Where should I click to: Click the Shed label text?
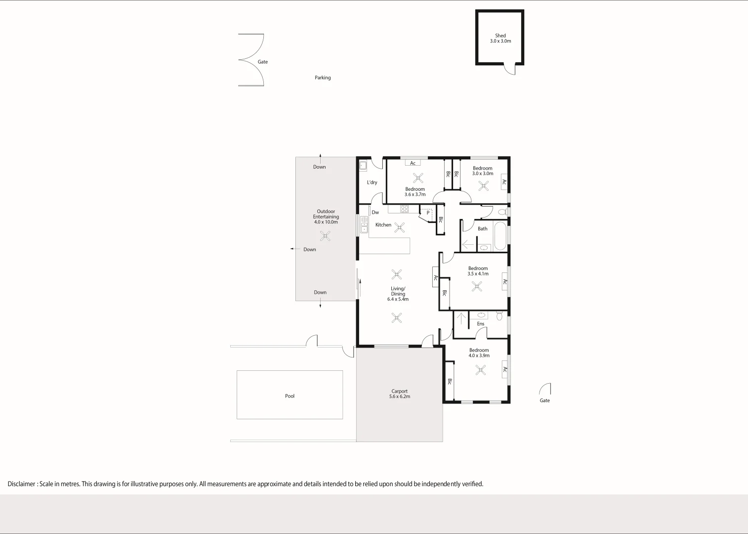tap(500, 36)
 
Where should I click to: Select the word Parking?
tap(323, 78)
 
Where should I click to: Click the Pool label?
tap(290, 396)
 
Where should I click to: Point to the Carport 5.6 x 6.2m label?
tap(400, 394)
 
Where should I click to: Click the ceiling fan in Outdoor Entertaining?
tap(325, 236)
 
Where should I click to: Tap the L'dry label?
tap(372, 182)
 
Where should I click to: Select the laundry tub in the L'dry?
tap(363, 166)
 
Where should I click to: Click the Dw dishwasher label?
tap(375, 213)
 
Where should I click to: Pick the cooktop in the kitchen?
tap(405, 209)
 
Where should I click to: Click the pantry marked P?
tap(427, 214)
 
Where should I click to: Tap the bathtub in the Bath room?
tap(499, 236)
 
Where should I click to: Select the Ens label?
tap(481, 324)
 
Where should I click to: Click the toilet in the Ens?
tap(499, 315)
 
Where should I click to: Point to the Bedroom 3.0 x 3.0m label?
tap(483, 171)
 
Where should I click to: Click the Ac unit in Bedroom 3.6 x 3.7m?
tap(413, 163)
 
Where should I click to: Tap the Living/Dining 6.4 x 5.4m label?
tap(398, 294)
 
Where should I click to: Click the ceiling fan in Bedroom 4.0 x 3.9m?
tap(480, 370)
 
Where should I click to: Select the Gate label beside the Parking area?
tap(263, 62)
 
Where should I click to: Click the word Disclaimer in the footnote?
tap(21, 484)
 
